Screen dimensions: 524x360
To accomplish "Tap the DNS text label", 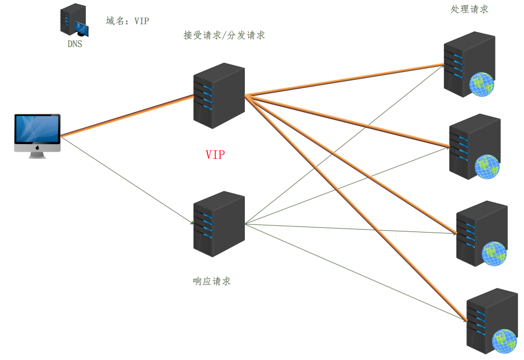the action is tap(75, 44).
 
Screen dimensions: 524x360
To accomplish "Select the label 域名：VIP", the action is tap(127, 21).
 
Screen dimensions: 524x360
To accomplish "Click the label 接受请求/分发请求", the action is tap(224, 35).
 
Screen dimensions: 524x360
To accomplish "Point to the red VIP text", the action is tap(215, 155).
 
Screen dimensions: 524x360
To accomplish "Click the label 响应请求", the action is tap(212, 281).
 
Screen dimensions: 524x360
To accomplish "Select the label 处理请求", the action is tap(470, 10).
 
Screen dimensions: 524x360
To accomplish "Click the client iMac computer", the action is tap(38, 136).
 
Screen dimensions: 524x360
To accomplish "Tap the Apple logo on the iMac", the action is tap(38, 147).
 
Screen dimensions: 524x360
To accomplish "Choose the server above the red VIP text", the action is tap(219, 96).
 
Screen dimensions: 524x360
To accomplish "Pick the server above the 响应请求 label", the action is tap(219, 224).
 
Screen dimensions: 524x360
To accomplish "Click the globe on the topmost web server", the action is tap(482, 85).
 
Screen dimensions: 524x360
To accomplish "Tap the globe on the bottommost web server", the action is tap(504, 341).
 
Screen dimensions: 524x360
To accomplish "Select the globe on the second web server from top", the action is tap(487, 166).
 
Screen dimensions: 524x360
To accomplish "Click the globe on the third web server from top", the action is tap(494, 253).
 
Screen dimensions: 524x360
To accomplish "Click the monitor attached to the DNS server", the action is tap(81, 29).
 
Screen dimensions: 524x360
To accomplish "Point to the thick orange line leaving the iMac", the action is tap(127, 116).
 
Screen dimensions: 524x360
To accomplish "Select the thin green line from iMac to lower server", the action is tap(127, 180).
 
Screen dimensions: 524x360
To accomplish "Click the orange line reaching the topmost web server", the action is tap(344, 80).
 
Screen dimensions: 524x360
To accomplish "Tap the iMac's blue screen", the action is tap(38, 129).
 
